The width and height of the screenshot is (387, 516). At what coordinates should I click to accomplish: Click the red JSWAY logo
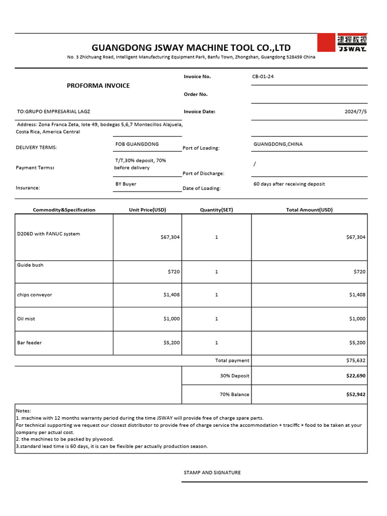pos(342,43)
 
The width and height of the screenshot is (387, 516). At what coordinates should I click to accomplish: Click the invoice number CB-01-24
pos(263,77)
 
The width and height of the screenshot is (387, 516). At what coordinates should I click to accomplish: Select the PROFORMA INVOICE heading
pos(98,86)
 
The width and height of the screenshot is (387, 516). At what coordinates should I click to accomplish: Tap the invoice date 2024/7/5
pos(355,112)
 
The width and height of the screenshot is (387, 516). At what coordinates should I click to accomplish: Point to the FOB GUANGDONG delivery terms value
pos(137,144)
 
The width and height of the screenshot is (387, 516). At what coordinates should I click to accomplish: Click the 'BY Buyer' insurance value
pos(126,184)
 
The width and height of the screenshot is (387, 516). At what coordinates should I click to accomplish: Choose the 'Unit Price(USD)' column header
pos(147,210)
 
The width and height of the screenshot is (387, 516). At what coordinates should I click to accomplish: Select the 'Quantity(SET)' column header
pos(216,210)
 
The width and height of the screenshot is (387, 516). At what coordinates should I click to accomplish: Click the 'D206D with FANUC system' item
pos(48,234)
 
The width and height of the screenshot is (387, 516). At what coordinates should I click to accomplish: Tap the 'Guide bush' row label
pos(30,265)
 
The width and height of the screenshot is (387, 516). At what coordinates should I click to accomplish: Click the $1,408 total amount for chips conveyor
pos(357,295)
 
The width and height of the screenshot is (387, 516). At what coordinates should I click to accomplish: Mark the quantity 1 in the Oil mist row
pos(216,318)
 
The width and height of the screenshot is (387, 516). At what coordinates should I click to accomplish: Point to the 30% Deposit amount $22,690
pos(355,376)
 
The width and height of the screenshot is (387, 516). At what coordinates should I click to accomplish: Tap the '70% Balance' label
pos(234,395)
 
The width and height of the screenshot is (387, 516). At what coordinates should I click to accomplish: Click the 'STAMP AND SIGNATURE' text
pos(212,473)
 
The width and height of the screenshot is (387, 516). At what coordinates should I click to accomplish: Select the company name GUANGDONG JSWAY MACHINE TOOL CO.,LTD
pos(191,48)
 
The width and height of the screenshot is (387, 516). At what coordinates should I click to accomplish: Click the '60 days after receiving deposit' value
pos(289,184)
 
